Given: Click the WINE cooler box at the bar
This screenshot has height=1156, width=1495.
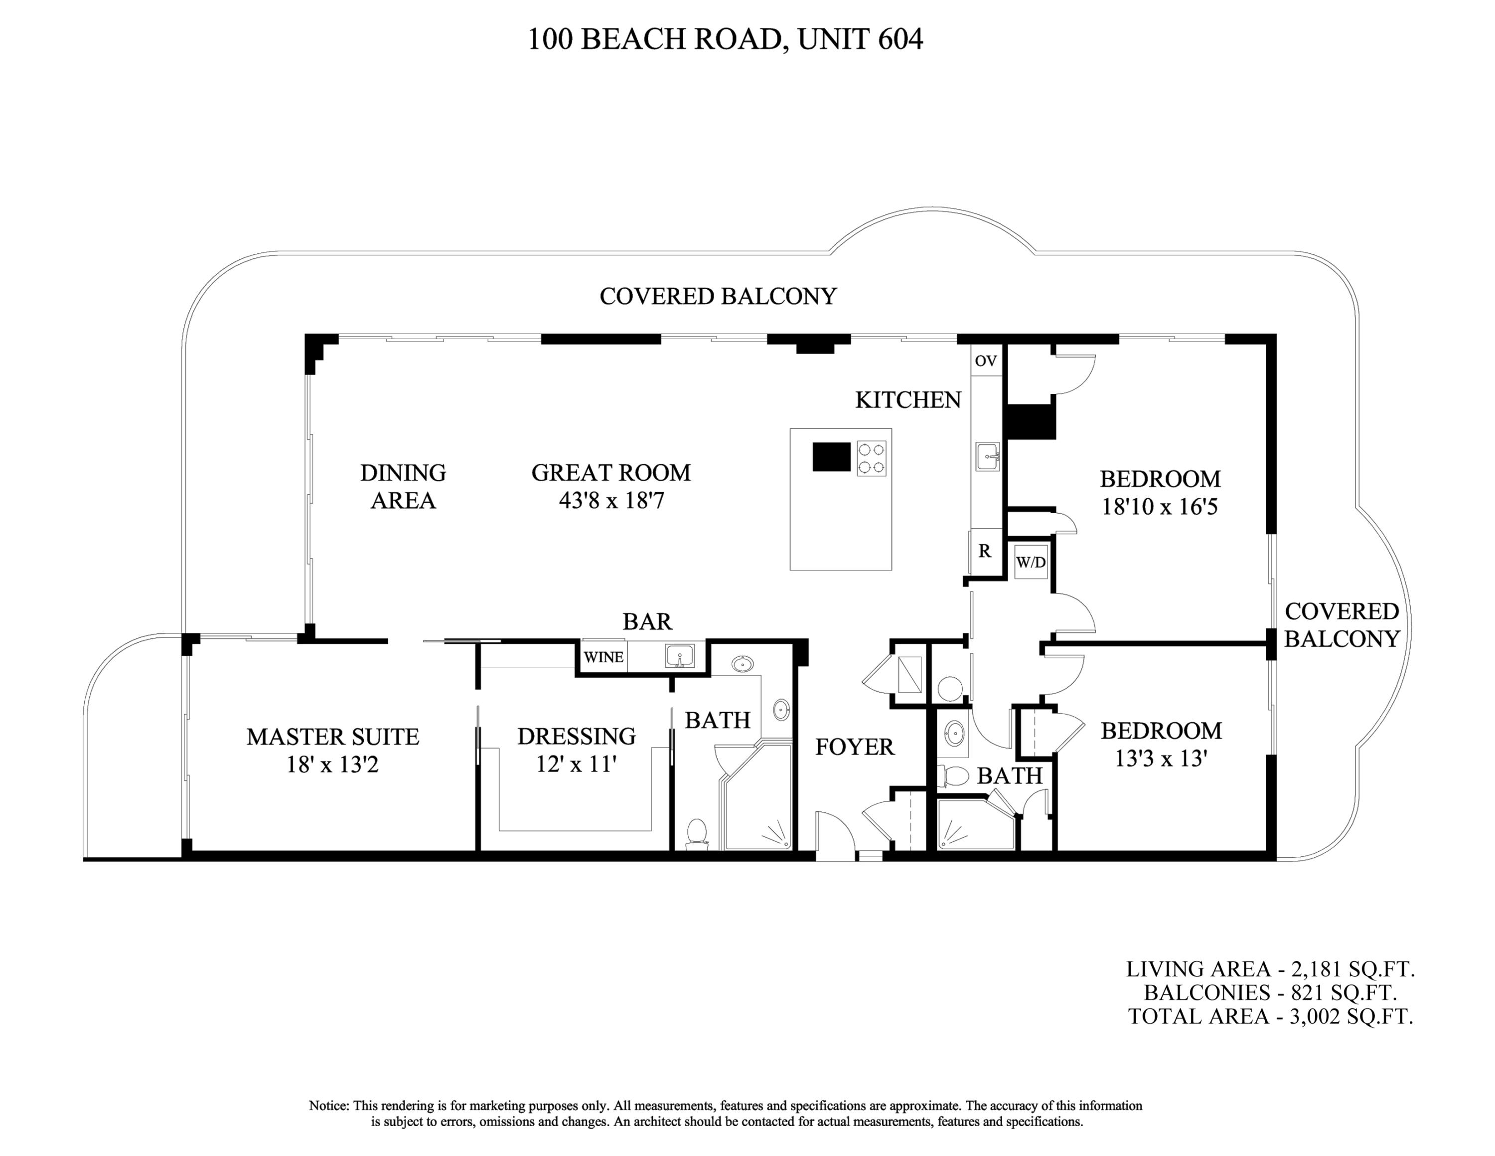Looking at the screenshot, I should pos(603,657).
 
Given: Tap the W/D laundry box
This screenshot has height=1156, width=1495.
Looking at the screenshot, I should pos(1031,562).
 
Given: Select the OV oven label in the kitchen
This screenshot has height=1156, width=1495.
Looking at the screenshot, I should pos(986,361).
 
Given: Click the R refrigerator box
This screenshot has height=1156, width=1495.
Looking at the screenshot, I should pos(984,551).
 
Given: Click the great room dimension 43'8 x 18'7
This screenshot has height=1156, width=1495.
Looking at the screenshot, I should pos(611,501).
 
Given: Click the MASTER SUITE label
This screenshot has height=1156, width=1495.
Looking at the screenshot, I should pos(333,737).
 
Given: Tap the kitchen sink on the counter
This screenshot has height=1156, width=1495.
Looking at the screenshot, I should pos(987,456).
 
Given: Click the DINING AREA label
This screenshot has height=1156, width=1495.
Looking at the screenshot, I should pos(403,486).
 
